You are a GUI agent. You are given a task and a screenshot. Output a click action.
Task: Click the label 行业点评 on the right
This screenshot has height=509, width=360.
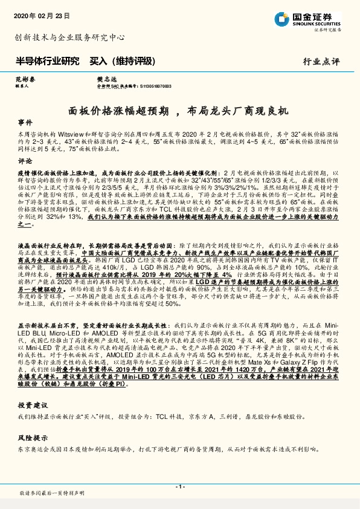point(321,62)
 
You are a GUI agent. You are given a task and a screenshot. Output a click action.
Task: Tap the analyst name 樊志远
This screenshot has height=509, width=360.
point(90,79)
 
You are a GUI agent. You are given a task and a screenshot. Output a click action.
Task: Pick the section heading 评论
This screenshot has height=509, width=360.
point(25,162)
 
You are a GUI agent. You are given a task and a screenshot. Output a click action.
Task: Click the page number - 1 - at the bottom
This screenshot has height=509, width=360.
point(179,487)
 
